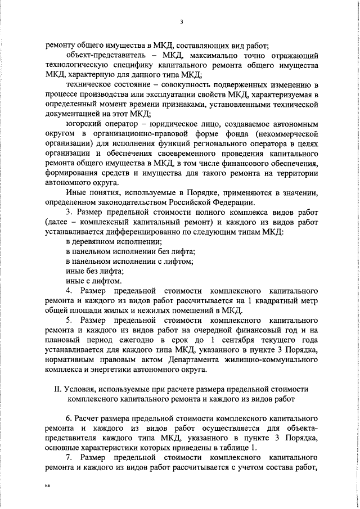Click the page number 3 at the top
click(181, 22)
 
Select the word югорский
click(83, 138)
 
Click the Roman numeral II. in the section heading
click(57, 389)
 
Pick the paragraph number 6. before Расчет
click(69, 418)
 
